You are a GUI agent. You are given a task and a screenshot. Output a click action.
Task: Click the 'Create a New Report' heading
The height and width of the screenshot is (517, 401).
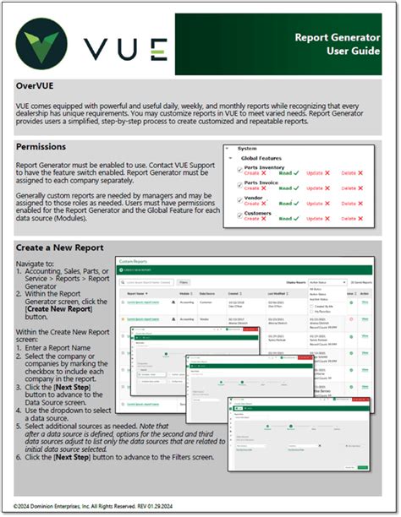(60, 248)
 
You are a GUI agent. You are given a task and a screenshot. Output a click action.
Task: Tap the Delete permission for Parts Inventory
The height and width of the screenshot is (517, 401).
(349, 173)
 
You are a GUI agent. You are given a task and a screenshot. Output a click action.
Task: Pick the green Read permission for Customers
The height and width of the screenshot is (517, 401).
(289, 220)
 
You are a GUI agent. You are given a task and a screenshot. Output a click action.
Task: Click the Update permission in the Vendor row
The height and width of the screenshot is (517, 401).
(320, 204)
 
